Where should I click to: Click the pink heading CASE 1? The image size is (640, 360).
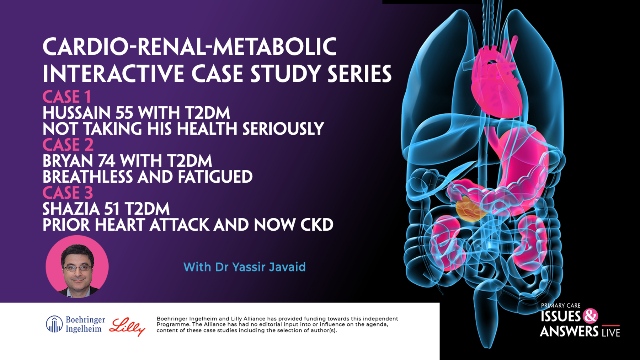(x=66, y=97)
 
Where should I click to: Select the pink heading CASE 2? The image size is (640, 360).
(x=68, y=145)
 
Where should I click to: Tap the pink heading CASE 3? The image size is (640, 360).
(x=68, y=193)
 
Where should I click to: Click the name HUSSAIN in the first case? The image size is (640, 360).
(x=76, y=113)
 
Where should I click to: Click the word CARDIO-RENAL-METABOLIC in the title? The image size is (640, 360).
(x=189, y=47)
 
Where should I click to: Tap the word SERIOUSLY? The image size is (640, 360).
(x=283, y=129)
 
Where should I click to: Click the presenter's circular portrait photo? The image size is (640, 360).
(x=77, y=267)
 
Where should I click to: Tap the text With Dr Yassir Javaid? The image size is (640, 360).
(x=244, y=267)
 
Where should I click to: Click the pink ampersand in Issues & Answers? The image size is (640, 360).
(x=590, y=316)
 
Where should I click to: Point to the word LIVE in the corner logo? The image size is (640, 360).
(x=611, y=332)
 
